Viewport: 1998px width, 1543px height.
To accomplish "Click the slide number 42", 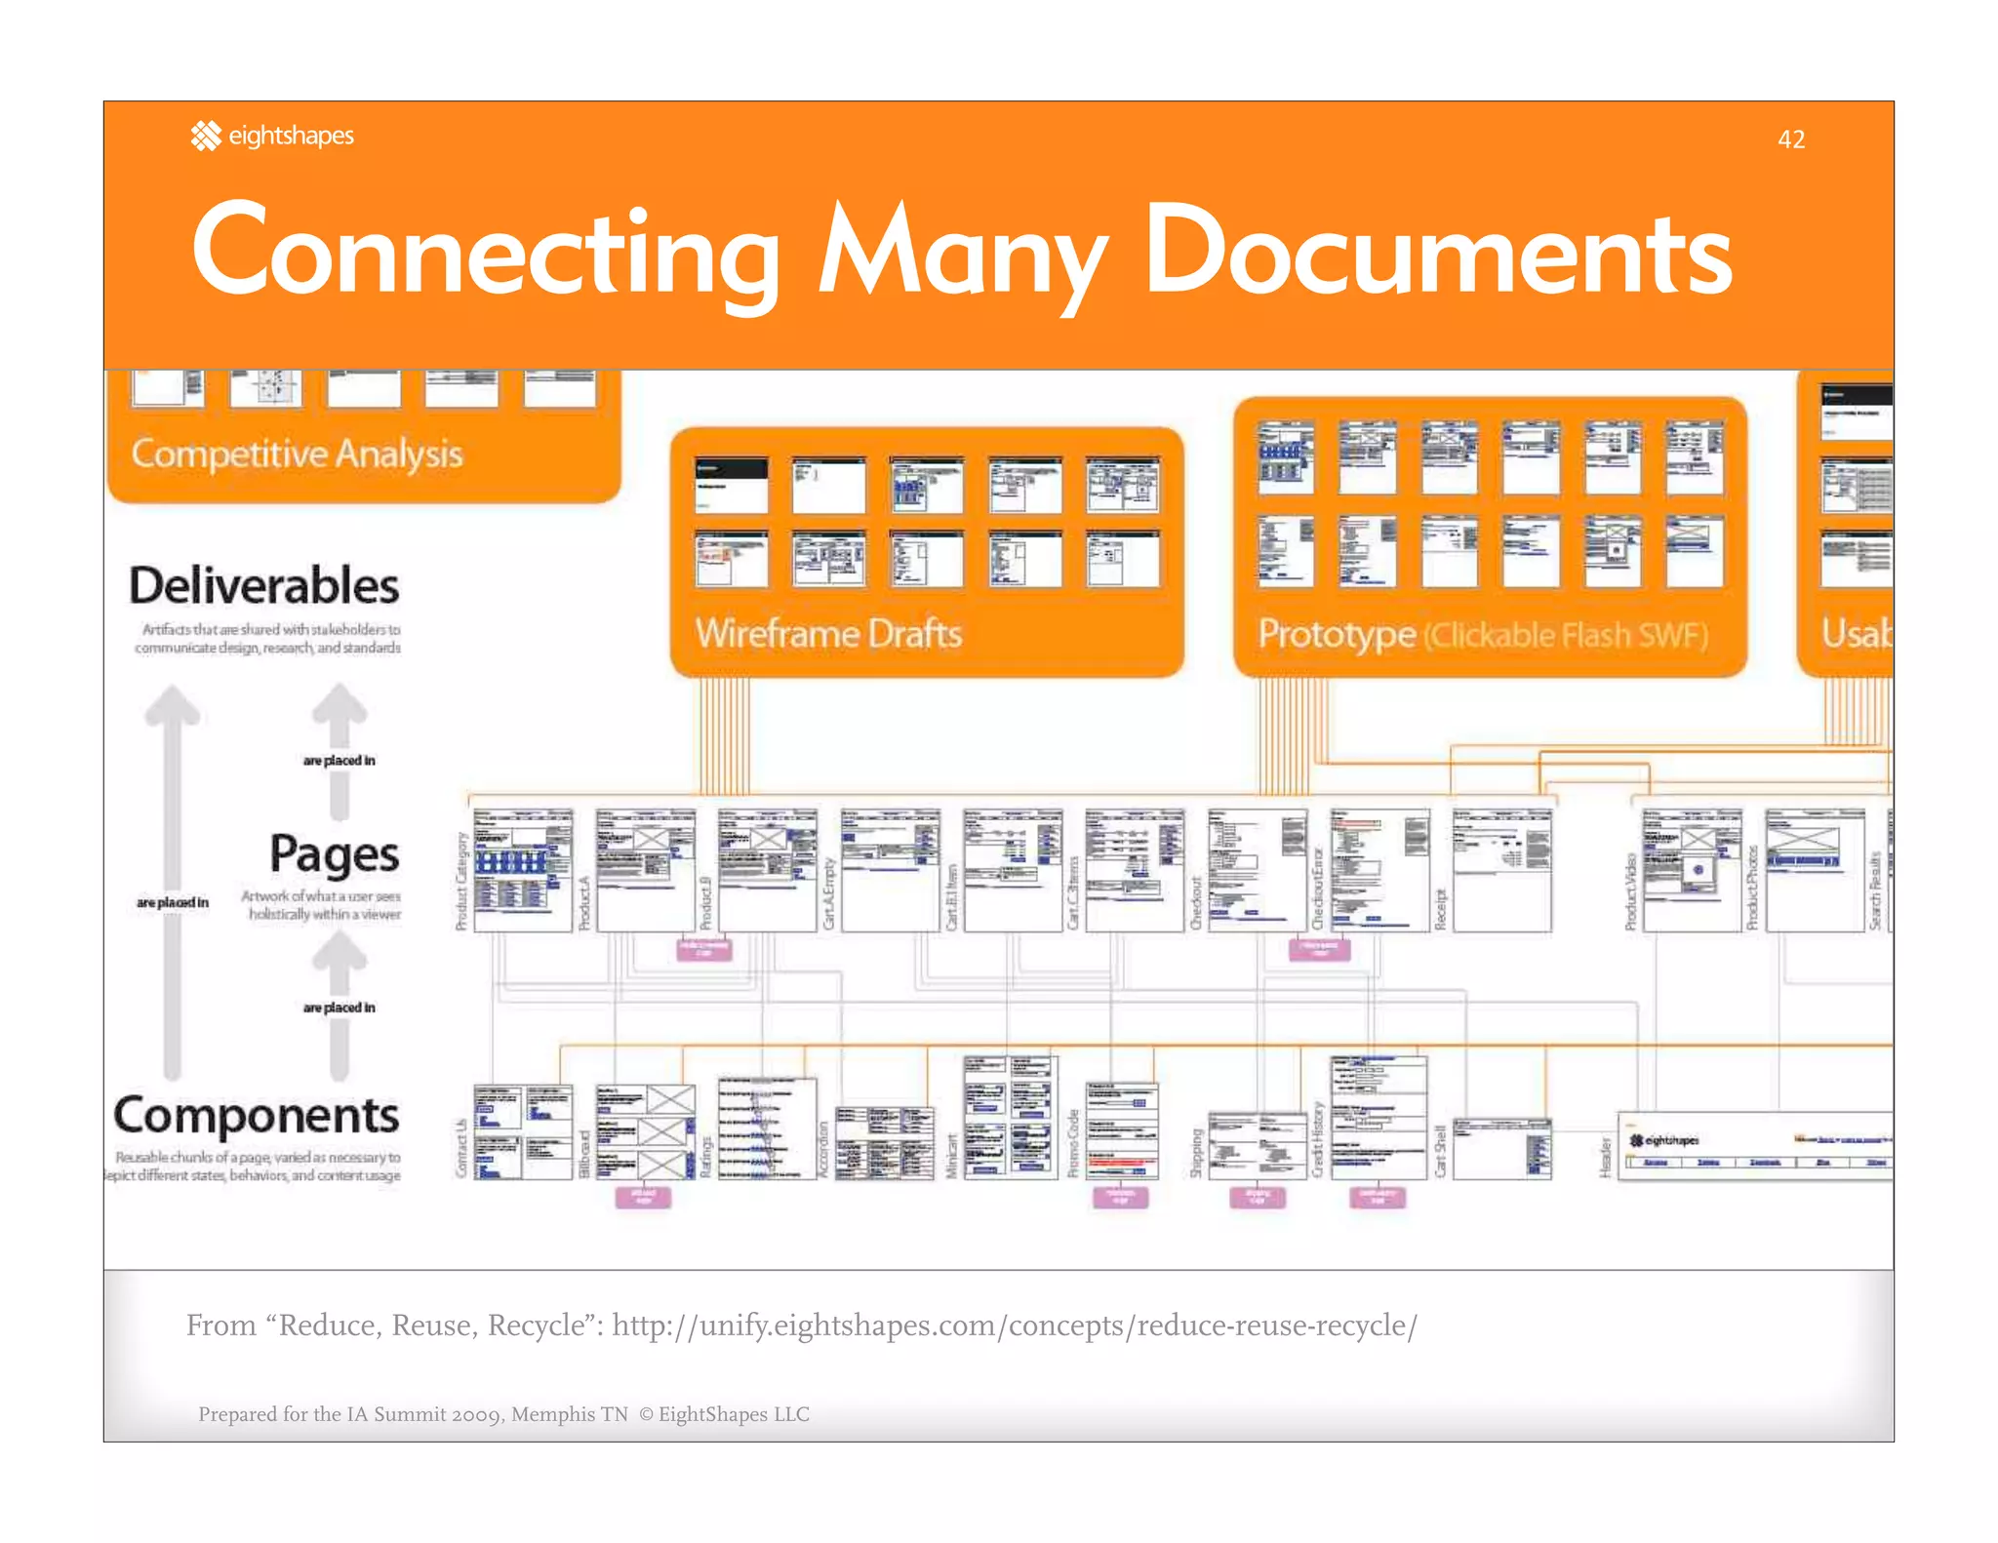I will coord(1790,139).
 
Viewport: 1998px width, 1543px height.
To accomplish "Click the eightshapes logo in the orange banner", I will coord(272,136).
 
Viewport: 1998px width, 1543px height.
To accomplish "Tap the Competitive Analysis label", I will coord(297,454).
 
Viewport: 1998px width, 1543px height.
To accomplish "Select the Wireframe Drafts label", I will coord(828,634).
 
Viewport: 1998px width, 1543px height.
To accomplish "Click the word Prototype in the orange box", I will coord(1336,634).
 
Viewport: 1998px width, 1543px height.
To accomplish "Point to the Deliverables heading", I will coord(263,585).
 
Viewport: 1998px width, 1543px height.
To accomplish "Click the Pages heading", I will coord(334,854).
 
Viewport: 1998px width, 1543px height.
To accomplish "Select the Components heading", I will coord(257,1115).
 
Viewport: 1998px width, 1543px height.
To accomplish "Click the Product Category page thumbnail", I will coord(523,870).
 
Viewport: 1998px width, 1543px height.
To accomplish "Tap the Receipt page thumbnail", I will coord(1501,870).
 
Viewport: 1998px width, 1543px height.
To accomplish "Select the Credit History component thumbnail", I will coord(1379,1118).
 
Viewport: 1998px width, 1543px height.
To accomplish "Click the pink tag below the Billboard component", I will coord(643,1197).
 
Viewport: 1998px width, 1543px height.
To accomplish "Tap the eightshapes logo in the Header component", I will coord(1664,1140).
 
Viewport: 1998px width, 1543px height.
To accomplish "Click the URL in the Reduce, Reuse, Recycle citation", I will coord(1015,1325).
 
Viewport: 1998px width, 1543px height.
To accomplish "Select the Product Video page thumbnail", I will coord(1691,870).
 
